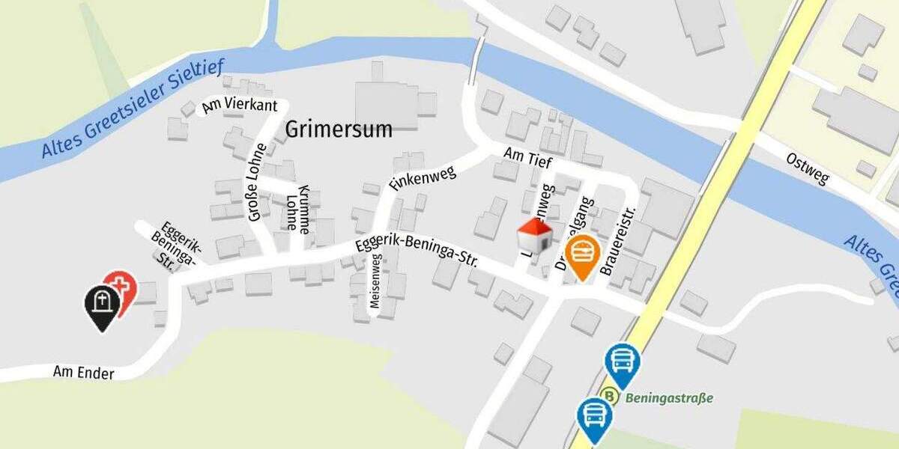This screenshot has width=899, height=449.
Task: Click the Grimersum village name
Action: [339, 129]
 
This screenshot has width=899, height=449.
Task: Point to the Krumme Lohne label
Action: [297, 207]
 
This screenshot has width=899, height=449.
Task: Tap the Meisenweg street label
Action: [375, 282]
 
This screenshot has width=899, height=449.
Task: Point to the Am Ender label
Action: [83, 371]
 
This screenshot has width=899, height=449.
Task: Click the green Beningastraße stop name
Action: [669, 397]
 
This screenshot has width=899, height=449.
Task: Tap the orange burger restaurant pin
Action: [582, 255]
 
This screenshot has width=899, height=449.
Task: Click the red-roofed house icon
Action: [535, 236]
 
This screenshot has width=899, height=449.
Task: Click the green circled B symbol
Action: [610, 397]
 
